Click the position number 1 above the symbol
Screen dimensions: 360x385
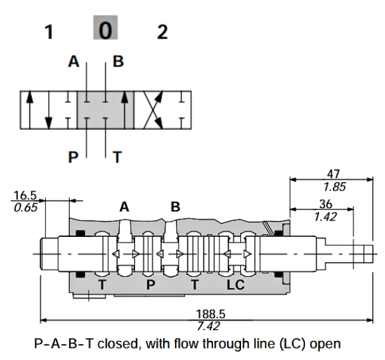(48, 32)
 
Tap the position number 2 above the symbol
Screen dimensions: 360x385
(162, 32)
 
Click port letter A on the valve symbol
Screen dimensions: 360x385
(75, 62)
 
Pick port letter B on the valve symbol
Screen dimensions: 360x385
(119, 62)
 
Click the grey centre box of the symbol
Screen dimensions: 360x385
(105, 110)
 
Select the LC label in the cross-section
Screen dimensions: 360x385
(235, 285)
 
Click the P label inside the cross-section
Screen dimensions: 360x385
(150, 285)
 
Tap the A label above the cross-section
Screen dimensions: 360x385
(124, 207)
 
